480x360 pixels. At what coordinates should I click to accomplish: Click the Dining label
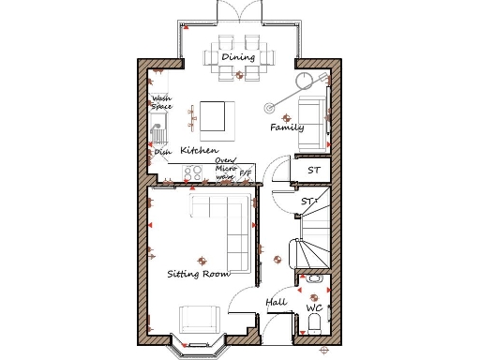click(237, 58)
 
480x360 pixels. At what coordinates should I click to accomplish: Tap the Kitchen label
click(199, 150)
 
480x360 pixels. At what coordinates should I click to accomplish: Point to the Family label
click(286, 127)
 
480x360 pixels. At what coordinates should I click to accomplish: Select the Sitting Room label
click(199, 274)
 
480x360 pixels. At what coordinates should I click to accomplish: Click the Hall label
click(276, 303)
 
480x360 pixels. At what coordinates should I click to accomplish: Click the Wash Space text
click(161, 102)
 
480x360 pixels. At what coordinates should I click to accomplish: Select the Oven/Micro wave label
click(225, 168)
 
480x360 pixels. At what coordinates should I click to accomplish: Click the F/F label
click(246, 173)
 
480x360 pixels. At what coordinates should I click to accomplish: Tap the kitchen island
click(213, 117)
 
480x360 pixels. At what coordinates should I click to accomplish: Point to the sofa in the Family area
click(312, 123)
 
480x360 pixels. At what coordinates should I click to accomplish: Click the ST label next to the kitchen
click(314, 170)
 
